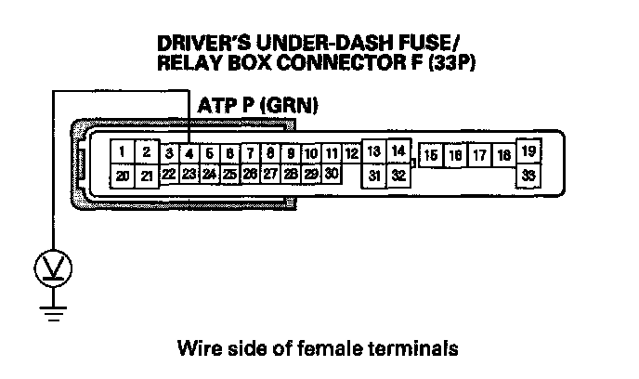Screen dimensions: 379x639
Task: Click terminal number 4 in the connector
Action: pos(189,153)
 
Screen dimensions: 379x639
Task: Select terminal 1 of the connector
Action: pos(123,151)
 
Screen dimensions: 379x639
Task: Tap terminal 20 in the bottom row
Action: pos(123,174)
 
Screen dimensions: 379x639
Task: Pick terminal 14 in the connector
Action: pos(398,150)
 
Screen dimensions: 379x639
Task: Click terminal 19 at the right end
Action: pos(528,150)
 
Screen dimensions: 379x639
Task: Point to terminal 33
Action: pos(528,174)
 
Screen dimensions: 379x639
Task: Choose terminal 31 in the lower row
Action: pos(374,174)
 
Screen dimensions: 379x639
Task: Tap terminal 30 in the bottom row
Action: pos(332,173)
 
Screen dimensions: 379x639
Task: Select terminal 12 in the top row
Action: pos(351,153)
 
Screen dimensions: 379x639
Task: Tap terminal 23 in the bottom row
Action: pos(189,173)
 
